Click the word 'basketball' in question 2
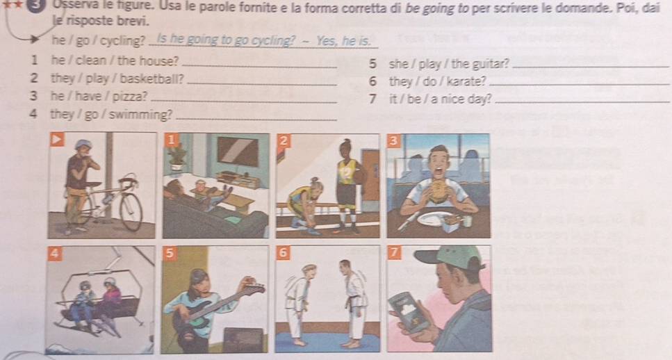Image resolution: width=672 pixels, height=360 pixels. (151, 79)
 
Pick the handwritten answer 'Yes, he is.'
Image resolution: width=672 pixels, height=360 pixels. (343, 41)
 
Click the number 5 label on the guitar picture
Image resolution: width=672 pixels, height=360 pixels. (170, 253)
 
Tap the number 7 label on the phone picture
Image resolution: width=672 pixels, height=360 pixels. (394, 252)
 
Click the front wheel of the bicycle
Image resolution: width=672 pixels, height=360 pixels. (131, 212)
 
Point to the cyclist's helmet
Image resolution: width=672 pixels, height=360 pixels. (83, 144)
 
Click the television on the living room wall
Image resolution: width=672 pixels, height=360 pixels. (238, 152)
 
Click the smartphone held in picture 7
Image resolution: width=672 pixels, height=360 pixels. (407, 311)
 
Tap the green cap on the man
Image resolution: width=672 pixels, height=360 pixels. (450, 256)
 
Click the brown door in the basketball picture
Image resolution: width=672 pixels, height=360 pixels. (370, 175)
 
